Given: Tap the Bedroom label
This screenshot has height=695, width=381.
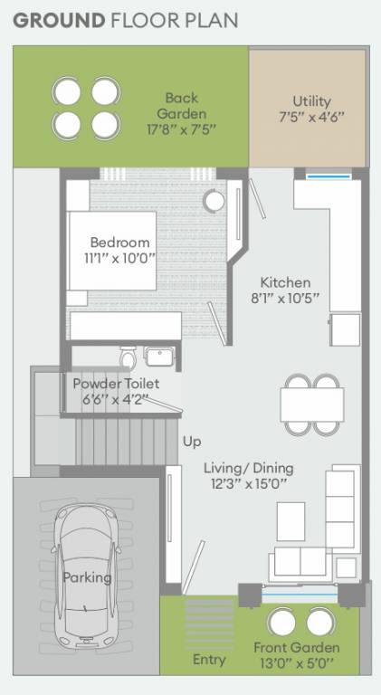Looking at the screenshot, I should coord(119,243).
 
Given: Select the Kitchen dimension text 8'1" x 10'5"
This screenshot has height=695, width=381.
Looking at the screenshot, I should coord(285,298).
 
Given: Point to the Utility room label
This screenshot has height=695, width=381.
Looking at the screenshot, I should coord(311,101).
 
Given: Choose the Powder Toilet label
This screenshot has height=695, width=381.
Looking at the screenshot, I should coord(115,383).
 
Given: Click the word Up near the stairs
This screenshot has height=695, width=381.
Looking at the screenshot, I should coord(192,442).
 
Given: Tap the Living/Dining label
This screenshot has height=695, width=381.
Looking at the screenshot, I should coord(248,468).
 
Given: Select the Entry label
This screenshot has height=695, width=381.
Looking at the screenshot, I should coord(209,660).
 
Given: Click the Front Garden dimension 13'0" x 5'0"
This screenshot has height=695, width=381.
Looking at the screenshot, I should coord(297,663).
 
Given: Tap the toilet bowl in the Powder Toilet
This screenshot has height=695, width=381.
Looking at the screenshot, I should coord(128,354).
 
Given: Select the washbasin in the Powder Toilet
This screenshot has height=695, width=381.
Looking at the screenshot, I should coord(159,354).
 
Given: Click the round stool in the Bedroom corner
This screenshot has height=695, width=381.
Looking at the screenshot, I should coord(214,200).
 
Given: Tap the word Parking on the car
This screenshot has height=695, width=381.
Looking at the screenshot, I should coord(87,577).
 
